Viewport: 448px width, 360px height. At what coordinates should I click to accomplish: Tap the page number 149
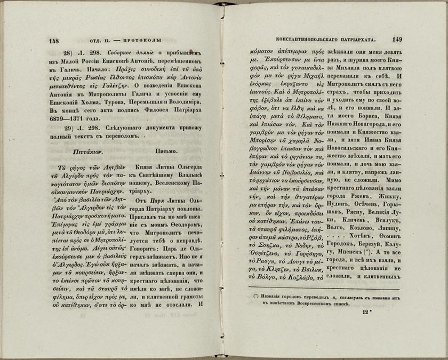point(397,39)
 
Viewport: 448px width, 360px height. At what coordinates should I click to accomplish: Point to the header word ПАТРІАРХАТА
point(354,39)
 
